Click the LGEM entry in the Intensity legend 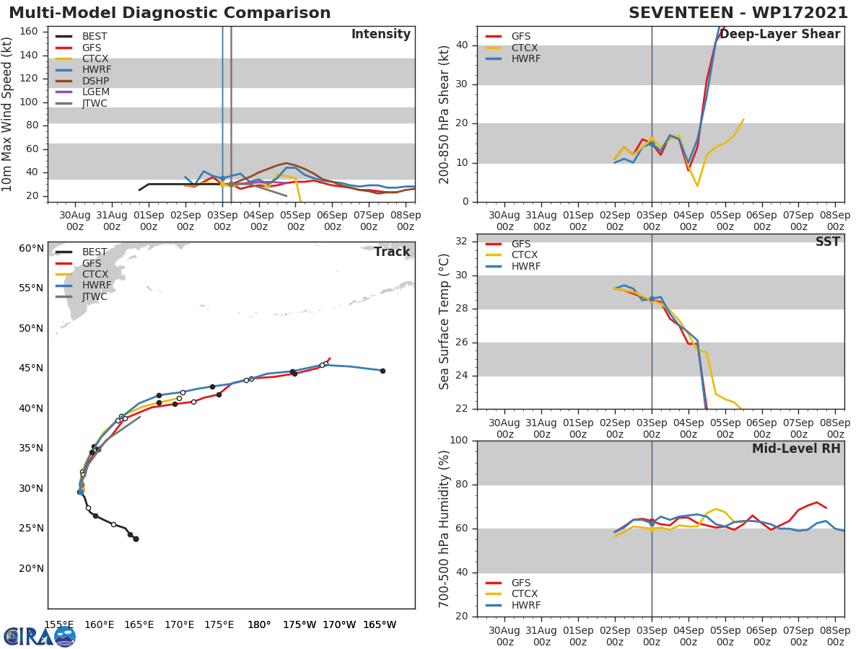click(95, 92)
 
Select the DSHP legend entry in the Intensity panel click(95, 81)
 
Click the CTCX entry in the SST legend click(525, 255)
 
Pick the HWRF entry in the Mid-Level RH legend click(525, 605)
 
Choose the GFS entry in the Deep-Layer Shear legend click(520, 36)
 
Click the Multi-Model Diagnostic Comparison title click(170, 13)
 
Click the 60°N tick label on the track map click(31, 248)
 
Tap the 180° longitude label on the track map click(259, 624)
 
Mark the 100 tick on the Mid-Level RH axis click(458, 441)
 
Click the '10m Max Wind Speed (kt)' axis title click(8, 113)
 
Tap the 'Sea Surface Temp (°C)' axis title click(445, 322)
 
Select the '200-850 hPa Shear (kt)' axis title click(445, 113)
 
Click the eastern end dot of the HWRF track click(382, 371)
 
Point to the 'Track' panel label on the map click(392, 252)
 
